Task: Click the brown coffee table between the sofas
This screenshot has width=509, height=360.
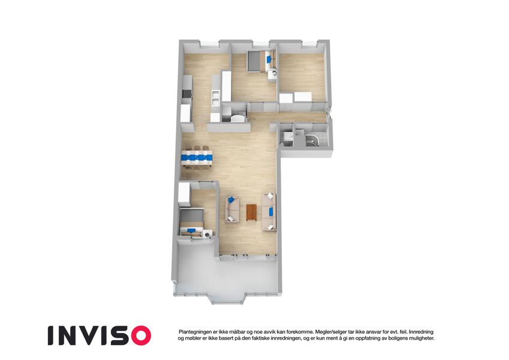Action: [251, 212]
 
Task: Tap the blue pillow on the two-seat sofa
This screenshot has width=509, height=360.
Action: [231, 199]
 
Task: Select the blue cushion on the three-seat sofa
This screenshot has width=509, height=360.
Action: [271, 212]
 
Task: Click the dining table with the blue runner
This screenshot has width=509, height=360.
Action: [197, 158]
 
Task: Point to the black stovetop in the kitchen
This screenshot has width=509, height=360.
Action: [186, 94]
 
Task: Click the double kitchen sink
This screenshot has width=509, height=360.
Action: [216, 98]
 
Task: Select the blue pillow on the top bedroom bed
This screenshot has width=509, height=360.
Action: [269, 59]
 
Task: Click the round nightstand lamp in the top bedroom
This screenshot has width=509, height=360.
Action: [273, 73]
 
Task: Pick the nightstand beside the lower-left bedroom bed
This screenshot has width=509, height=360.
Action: [207, 233]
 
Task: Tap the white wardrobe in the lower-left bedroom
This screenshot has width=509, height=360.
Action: [183, 194]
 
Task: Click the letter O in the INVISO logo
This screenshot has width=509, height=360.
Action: [138, 335]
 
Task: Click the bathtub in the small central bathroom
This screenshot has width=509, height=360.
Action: [239, 118]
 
